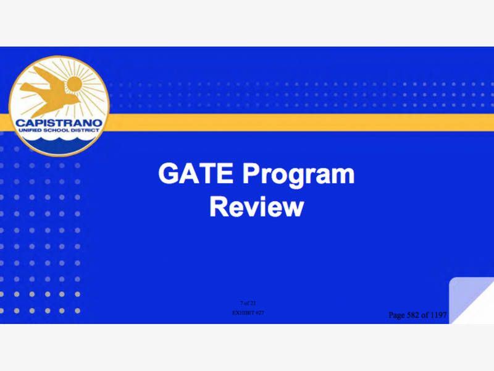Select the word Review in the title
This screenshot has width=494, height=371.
click(256, 207)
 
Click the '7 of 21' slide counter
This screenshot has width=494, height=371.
click(248, 302)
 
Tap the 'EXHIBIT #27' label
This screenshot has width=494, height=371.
click(248, 313)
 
